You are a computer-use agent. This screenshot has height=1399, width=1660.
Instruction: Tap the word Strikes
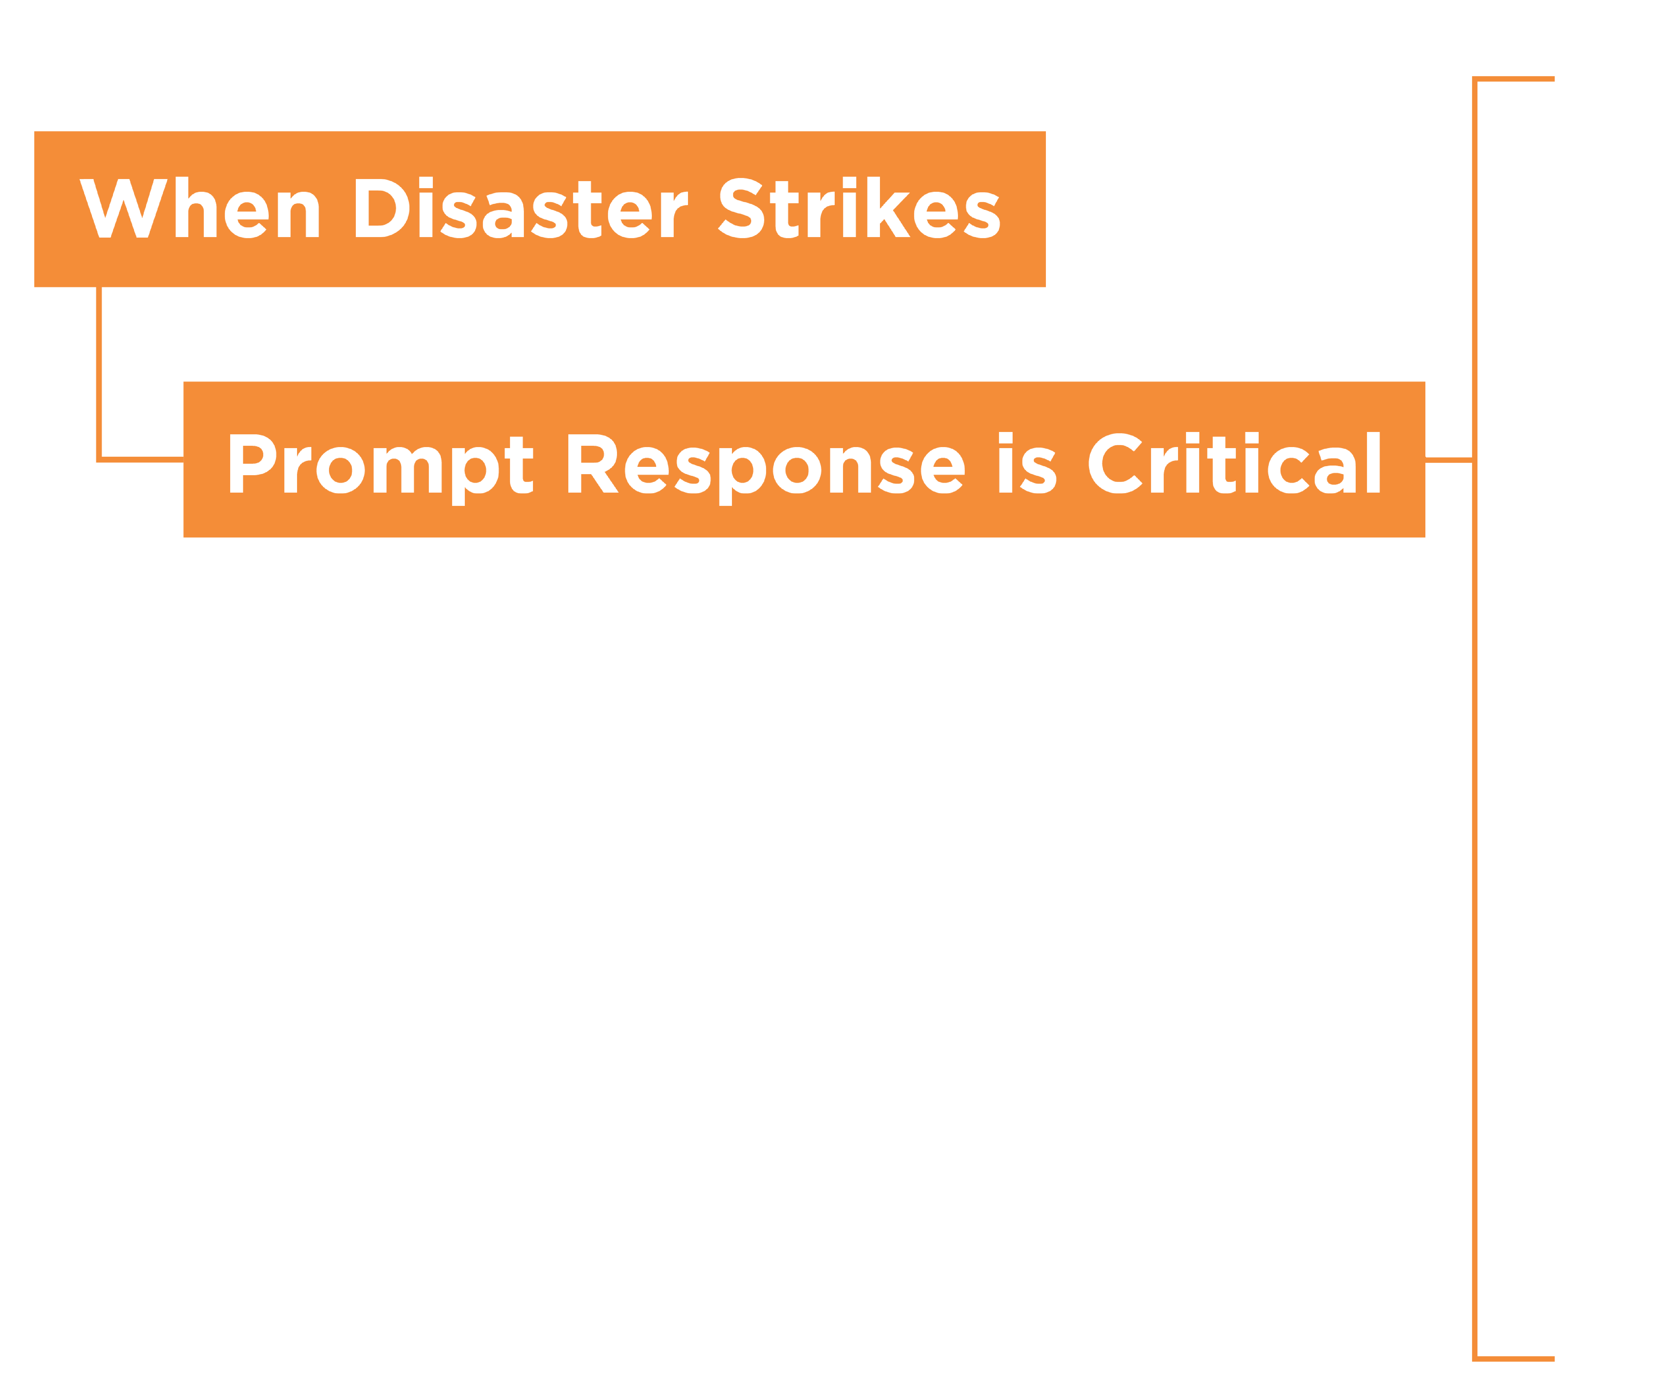click(x=859, y=208)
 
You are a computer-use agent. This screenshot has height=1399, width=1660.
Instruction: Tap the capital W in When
click(x=123, y=208)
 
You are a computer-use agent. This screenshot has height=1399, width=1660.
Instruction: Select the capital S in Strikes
click(x=741, y=208)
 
